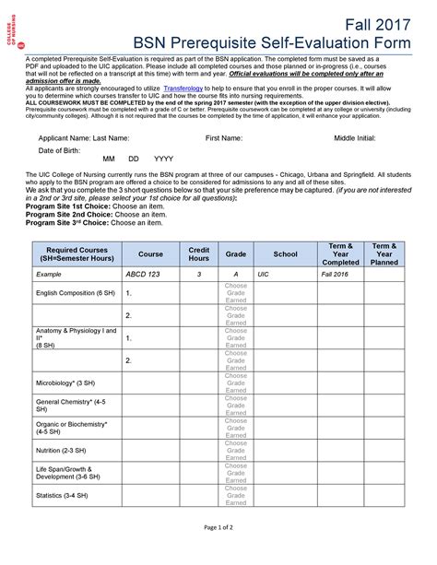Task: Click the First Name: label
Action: point(224,137)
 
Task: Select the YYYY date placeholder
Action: point(163,159)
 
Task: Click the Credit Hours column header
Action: point(199,253)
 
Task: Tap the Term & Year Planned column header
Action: point(384,253)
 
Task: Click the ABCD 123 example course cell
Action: point(143,274)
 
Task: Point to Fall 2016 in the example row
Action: point(335,275)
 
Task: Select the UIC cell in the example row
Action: point(264,275)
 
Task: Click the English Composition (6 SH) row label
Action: point(76,293)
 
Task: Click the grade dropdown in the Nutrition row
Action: point(236,450)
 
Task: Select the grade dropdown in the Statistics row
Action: point(236,495)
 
